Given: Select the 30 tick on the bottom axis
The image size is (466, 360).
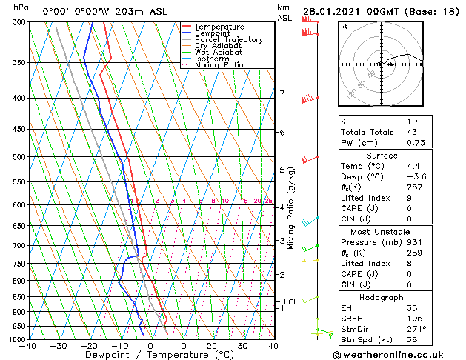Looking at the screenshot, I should [242, 346].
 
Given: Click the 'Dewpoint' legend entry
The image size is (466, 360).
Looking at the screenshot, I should [213, 33].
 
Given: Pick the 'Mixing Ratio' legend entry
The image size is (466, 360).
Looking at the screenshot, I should [219, 65].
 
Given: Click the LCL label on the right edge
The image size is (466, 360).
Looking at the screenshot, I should [290, 301].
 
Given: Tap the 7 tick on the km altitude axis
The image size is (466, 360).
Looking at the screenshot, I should [282, 93].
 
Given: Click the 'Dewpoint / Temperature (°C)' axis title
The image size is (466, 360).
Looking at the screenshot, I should [150, 356].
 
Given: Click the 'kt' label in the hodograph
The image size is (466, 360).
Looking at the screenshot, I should [344, 26].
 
